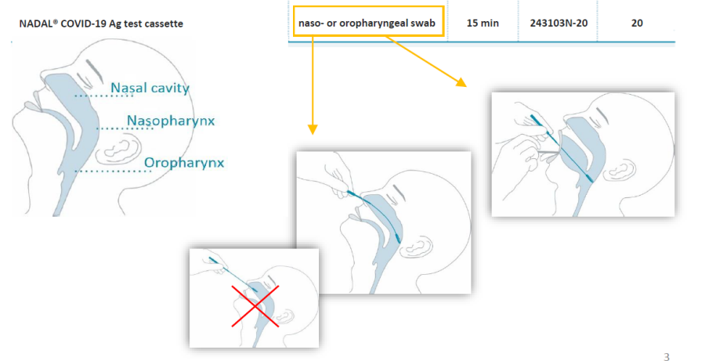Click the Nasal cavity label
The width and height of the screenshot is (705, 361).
(150, 88)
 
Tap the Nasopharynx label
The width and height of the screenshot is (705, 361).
(171, 121)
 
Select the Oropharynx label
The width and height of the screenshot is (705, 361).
(184, 162)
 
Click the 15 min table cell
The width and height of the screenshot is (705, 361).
(483, 23)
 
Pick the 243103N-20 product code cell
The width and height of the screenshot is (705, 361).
(559, 23)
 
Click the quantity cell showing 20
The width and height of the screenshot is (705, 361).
(637, 23)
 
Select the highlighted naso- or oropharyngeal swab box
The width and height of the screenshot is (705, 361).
(368, 21)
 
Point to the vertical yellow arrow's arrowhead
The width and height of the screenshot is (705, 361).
(313, 129)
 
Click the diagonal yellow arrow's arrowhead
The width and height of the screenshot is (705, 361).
(461, 81)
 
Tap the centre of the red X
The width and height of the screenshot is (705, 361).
(255, 305)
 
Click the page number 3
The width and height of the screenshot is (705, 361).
(667, 357)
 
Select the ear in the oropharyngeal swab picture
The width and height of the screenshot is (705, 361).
(618, 170)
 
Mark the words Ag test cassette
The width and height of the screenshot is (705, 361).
(149, 23)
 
